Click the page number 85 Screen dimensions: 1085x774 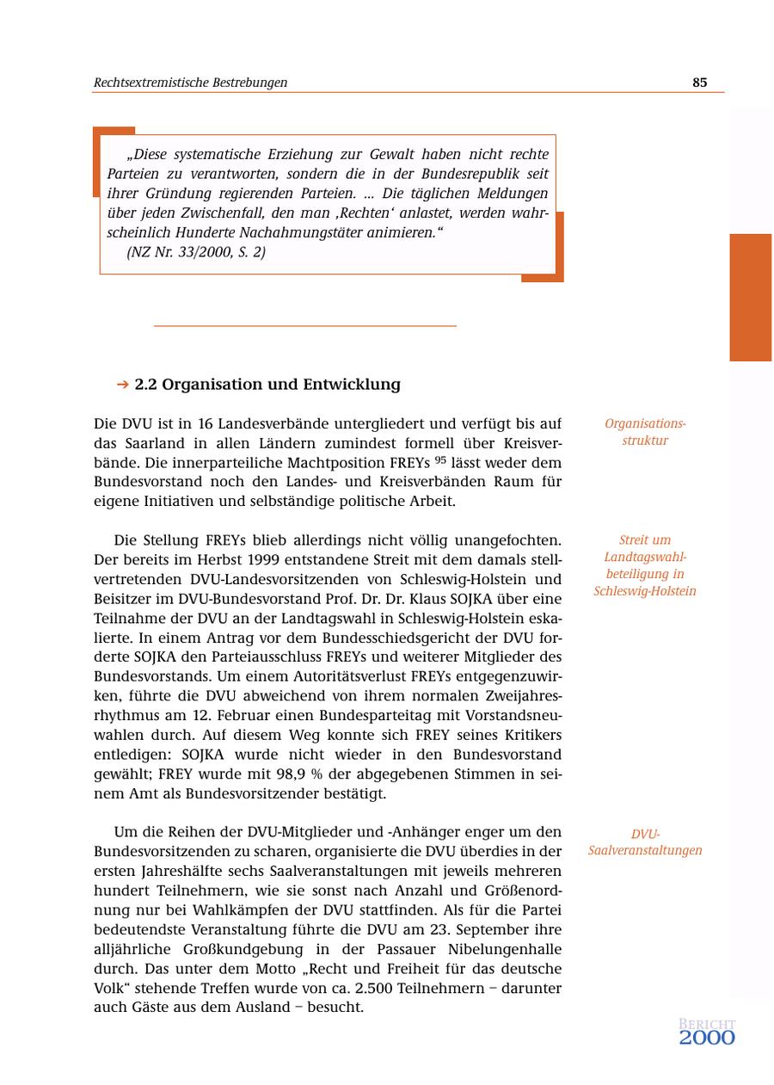699,83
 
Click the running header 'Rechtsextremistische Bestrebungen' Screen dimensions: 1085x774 190,83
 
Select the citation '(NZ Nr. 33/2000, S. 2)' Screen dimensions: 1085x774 196,252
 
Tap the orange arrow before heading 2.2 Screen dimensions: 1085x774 122,385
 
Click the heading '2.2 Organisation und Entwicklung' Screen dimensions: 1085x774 267,385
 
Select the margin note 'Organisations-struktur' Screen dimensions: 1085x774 645,432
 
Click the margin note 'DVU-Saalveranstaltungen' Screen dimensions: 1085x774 645,842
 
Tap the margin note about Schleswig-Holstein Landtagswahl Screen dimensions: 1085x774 645,565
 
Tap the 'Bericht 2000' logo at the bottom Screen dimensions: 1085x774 707,1033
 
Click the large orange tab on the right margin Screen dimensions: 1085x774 751,297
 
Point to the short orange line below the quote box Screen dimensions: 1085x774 304,326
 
